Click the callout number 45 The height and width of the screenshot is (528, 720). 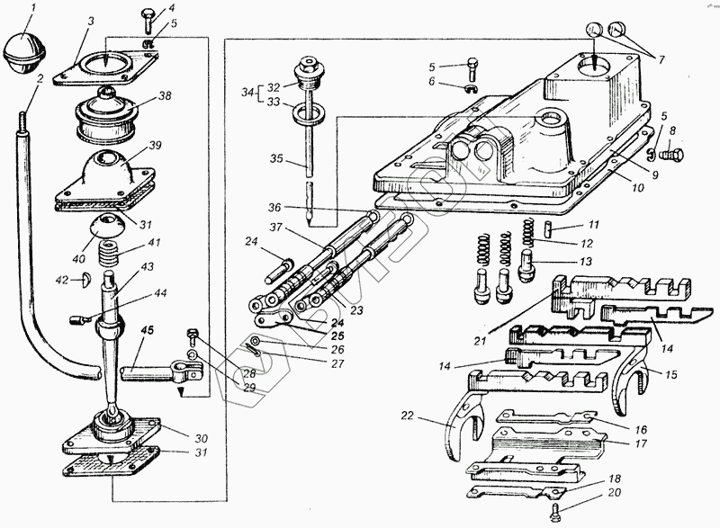pos(146,328)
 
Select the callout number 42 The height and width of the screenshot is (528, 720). pos(61,281)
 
